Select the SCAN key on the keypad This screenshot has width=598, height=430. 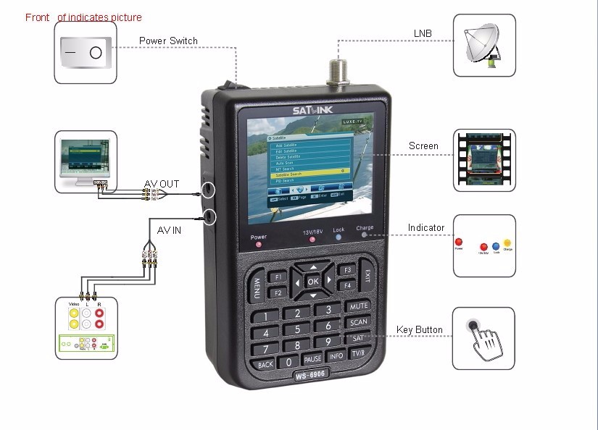tap(358, 323)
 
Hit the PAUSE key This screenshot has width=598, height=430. tap(312, 359)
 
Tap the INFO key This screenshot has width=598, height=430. tap(336, 356)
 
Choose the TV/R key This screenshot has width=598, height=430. tap(358, 353)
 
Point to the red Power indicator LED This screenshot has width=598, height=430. tap(259, 245)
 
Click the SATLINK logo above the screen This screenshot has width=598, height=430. tap(312, 111)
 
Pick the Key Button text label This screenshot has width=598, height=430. tap(419, 330)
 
